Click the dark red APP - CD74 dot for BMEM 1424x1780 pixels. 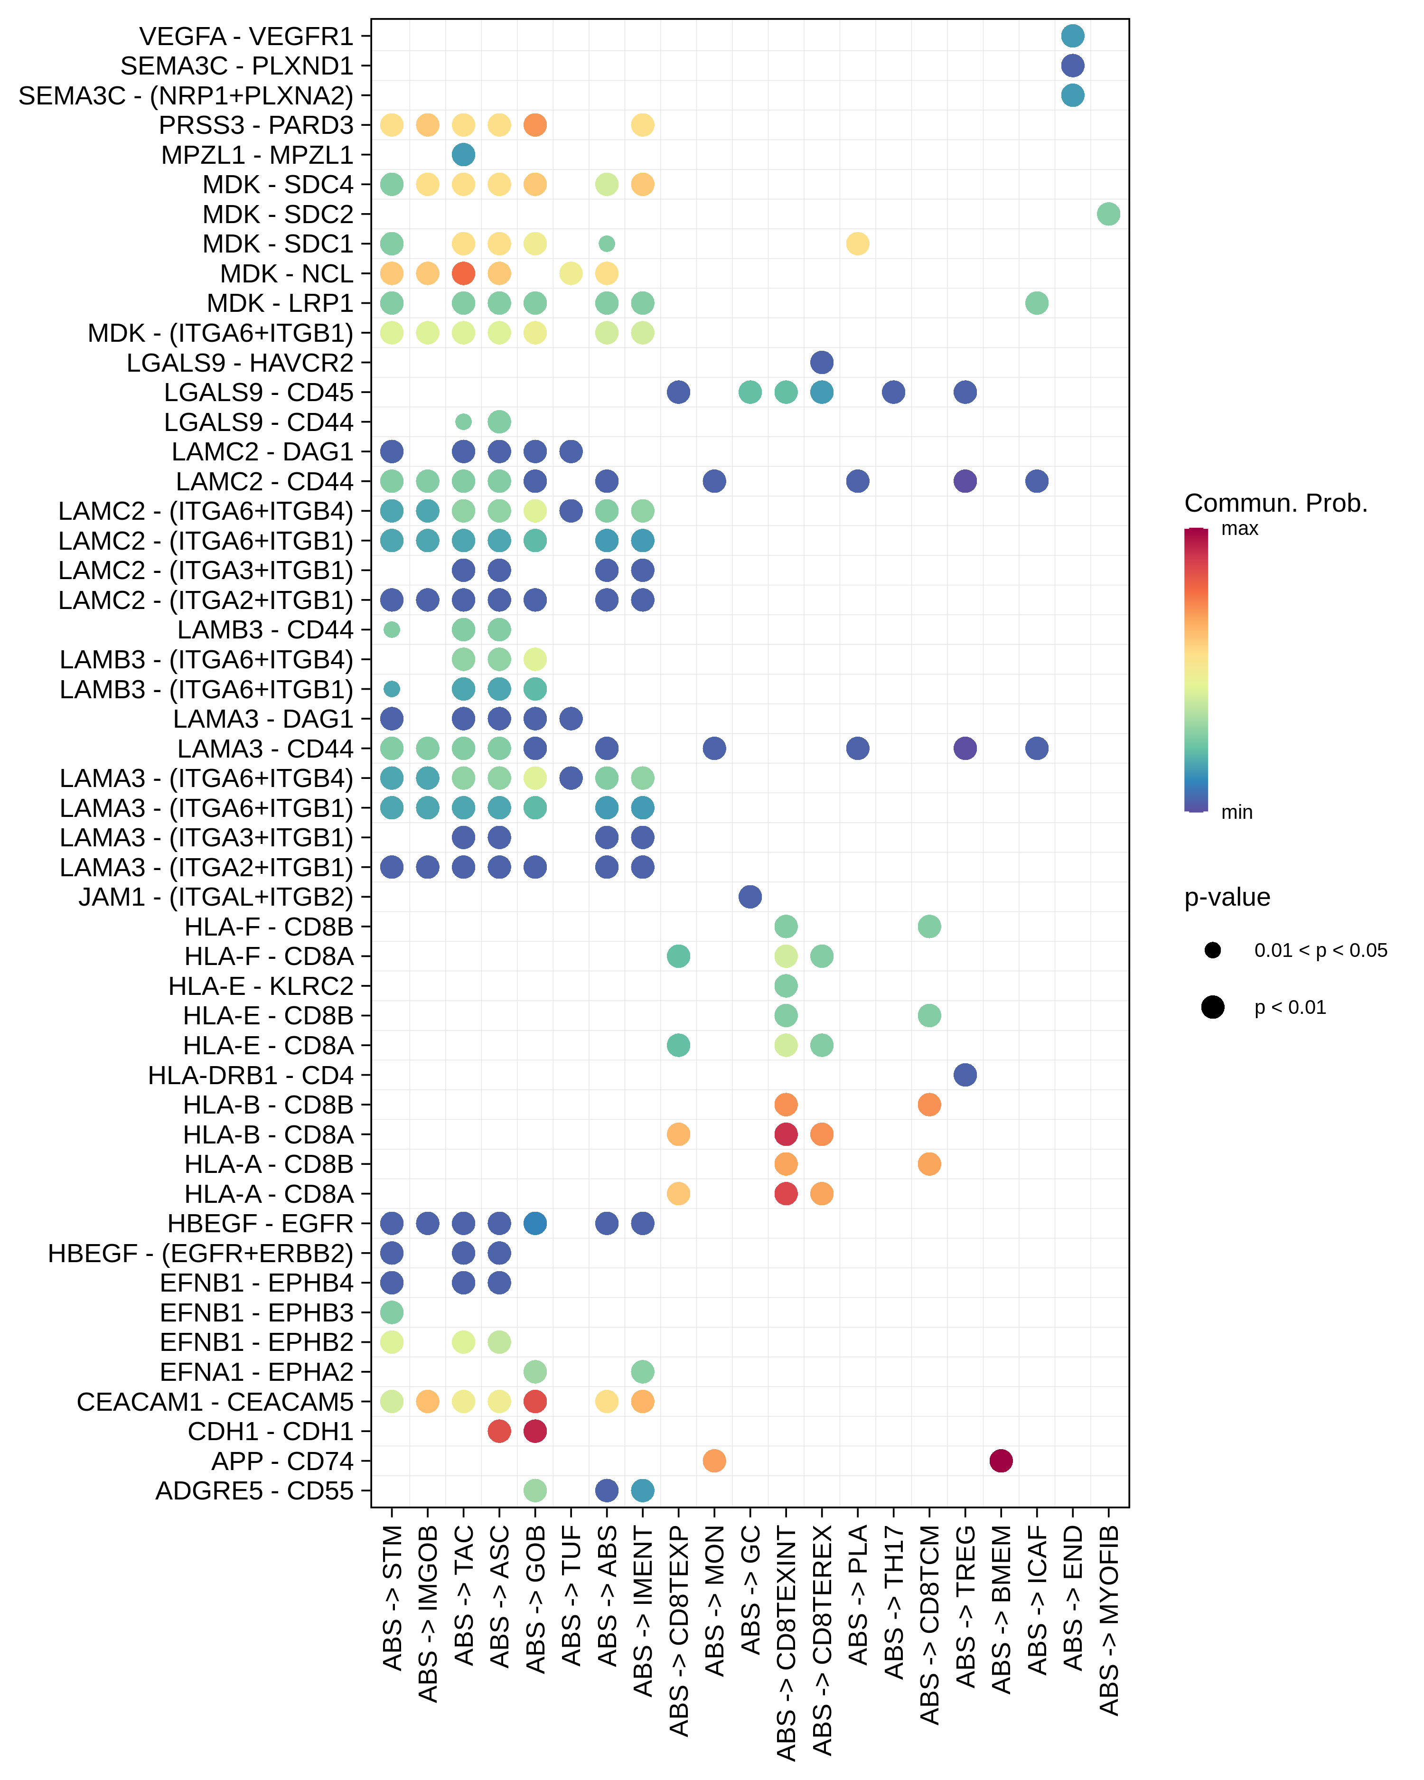(1001, 1461)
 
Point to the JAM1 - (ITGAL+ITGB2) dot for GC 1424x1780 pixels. (749, 897)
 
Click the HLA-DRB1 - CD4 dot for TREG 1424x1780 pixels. (965, 1075)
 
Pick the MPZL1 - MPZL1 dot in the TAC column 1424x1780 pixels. (463, 154)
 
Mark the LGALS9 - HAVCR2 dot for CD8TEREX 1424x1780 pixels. (821, 363)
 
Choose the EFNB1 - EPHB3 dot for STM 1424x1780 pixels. (391, 1312)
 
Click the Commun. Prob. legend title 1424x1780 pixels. (1275, 503)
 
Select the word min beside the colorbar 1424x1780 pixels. (1237, 813)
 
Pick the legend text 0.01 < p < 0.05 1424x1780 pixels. (1320, 950)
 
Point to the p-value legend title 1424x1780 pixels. (1227, 898)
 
